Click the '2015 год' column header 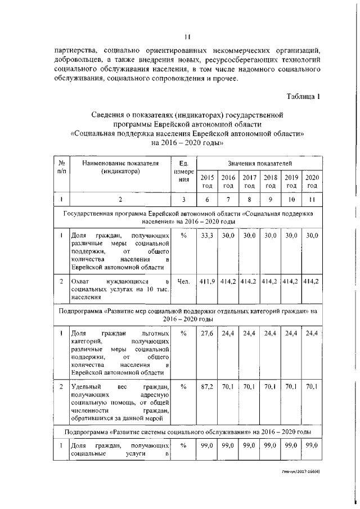point(207,181)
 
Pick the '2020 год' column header point(312,181)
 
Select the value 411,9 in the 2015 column point(207,281)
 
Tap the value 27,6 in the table point(207,334)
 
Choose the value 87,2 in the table point(207,387)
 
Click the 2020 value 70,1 point(312,387)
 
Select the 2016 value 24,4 point(228,334)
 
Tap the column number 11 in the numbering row point(312,199)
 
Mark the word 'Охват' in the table point(78,281)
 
